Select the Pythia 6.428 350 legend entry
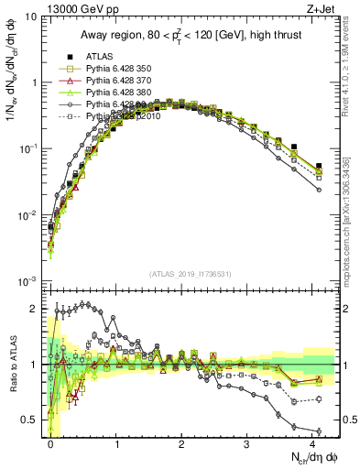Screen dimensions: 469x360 pyautogui.click(x=115, y=69)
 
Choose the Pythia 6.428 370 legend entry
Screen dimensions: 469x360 pyautogui.click(x=115, y=81)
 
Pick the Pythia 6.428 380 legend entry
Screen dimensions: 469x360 pyautogui.click(x=115, y=93)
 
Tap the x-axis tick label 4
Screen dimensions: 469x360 pyautogui.click(x=312, y=444)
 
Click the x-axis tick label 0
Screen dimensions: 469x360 pyautogui.click(x=51, y=444)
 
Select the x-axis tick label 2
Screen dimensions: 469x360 pyautogui.click(x=181, y=444)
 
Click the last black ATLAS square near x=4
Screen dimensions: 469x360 pyautogui.click(x=319, y=167)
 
